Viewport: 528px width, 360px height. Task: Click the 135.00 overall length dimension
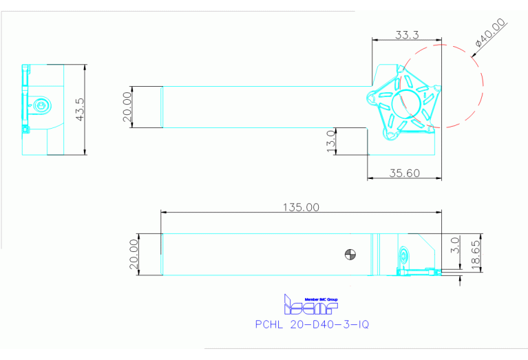pos(300,207)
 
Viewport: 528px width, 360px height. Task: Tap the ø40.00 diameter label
pos(490,33)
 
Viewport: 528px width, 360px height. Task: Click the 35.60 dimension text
pos(404,173)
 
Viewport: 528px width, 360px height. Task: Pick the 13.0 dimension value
pos(331,140)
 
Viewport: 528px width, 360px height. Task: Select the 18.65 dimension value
pos(475,253)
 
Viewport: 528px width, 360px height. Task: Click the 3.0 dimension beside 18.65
pos(454,244)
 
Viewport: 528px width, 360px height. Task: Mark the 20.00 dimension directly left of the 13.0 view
pos(127,107)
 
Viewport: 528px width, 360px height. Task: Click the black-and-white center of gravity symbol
pos(351,254)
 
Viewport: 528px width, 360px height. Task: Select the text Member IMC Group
pos(321,299)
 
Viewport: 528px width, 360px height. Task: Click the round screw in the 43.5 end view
pos(42,105)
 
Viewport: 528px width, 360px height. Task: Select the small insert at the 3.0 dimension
pos(430,271)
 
